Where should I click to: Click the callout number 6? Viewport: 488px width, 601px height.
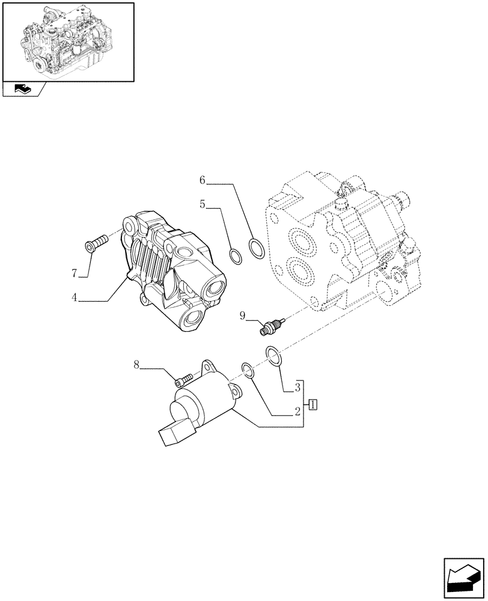tap(203, 180)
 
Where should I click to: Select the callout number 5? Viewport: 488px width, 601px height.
tap(203, 205)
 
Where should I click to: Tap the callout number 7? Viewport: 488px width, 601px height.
tap(75, 274)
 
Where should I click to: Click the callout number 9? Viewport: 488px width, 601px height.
tap(242, 314)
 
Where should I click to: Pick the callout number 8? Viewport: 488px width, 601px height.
tap(136, 364)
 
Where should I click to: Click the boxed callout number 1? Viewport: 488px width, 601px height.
tap(313, 404)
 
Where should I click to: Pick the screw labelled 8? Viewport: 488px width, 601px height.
tap(183, 379)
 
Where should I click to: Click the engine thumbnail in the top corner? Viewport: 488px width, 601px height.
tap(68, 41)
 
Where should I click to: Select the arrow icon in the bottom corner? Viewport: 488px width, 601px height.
tap(463, 579)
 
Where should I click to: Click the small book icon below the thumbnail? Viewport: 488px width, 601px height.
tap(22, 90)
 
